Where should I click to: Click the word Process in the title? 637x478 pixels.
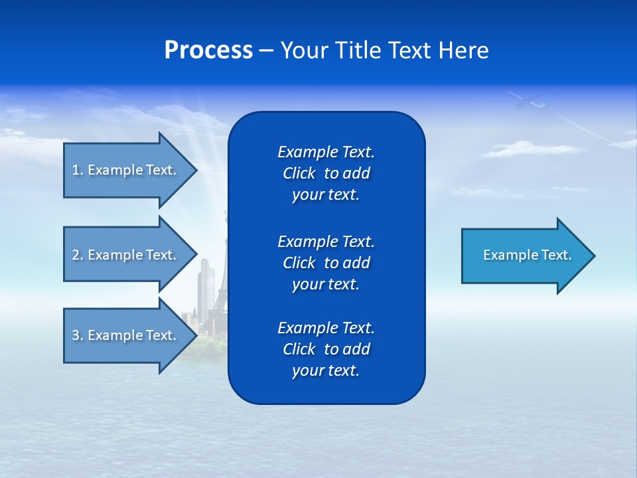(208, 50)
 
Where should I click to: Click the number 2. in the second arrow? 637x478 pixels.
(77, 255)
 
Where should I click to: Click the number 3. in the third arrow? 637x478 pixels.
(77, 335)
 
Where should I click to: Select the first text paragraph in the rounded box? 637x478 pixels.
(326, 173)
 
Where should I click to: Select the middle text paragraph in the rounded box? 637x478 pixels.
(326, 263)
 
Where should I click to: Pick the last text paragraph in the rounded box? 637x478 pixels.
(326, 349)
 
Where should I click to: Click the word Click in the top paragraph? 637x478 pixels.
(299, 173)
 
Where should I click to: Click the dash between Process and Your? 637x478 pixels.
(266, 50)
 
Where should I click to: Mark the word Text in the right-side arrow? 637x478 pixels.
(557, 255)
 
